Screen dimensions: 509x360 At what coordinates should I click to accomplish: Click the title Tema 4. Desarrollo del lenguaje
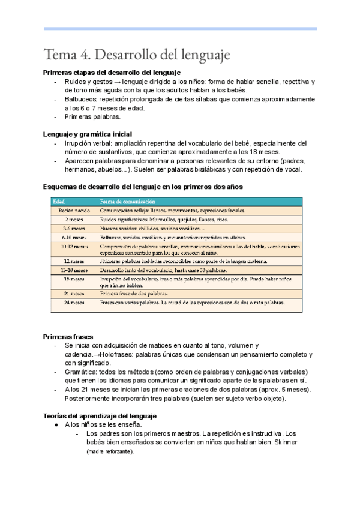coord(137,55)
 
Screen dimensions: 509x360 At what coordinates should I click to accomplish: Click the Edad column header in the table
coord(59,201)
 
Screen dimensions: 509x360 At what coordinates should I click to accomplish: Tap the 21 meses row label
coord(74,294)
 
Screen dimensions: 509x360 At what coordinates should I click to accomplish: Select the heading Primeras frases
coord(68,337)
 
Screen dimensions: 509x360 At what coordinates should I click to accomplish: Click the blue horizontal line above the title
coord(180,28)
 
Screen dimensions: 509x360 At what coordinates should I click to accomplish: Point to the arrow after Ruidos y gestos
coord(119,82)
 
